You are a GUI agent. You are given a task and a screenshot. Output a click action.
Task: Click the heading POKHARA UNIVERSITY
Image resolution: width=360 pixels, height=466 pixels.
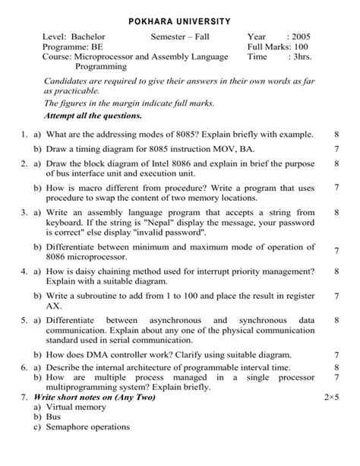tap(180, 18)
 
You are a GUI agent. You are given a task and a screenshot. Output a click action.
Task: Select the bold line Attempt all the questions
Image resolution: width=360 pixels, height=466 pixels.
tap(93, 116)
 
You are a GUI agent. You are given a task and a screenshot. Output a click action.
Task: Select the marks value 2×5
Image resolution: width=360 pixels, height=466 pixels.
tap(331, 398)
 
